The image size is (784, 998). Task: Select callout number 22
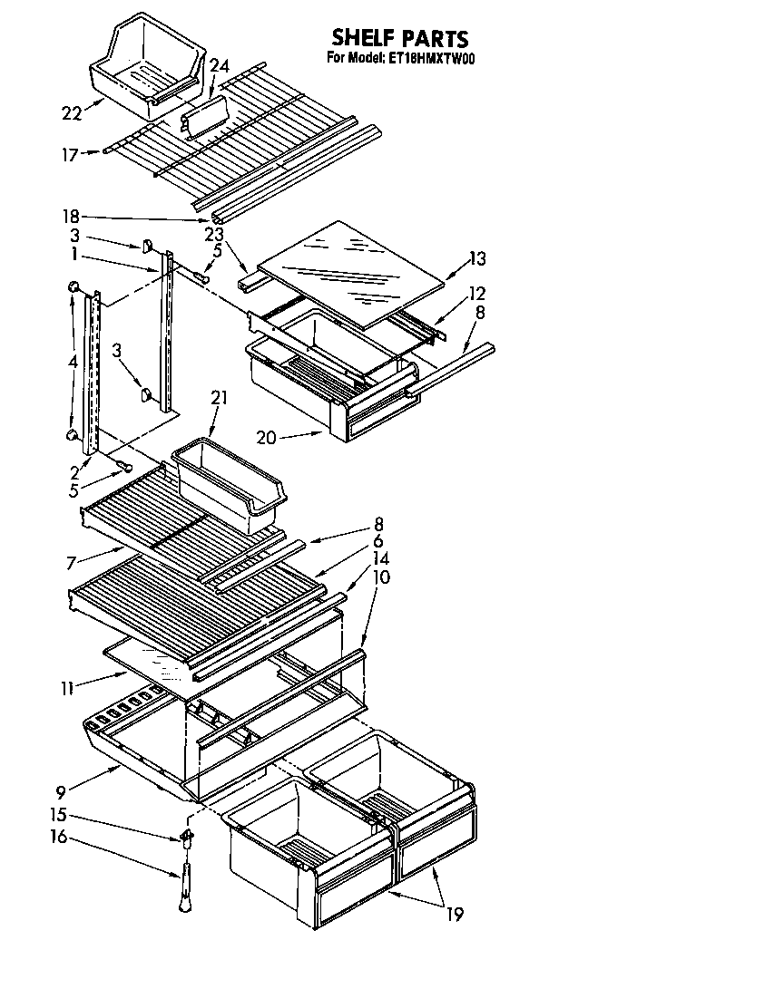[72, 112]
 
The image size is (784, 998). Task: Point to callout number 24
[220, 65]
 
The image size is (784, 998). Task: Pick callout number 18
[72, 216]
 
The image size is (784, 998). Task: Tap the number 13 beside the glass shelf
[476, 259]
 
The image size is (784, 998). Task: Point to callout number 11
[67, 689]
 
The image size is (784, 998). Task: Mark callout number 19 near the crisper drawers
[454, 914]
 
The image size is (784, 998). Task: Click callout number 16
[58, 837]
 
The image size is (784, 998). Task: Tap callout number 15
[58, 814]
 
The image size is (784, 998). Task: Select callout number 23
[214, 233]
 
